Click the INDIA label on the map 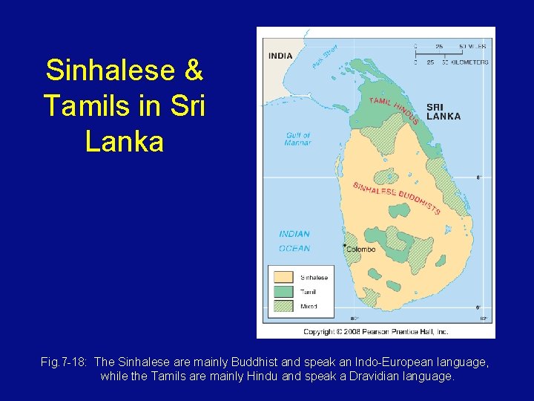tap(280, 56)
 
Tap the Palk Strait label tap(324, 57)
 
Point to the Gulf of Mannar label tap(297, 139)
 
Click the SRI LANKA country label tap(444, 111)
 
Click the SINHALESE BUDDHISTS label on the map tap(396, 198)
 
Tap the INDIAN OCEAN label tap(294, 241)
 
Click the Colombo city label tap(361, 250)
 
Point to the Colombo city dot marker tap(344, 245)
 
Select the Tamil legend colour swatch tap(284, 292)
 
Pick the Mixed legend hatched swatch tap(284, 305)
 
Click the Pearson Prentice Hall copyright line tap(376, 332)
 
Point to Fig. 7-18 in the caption tap(65, 362)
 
